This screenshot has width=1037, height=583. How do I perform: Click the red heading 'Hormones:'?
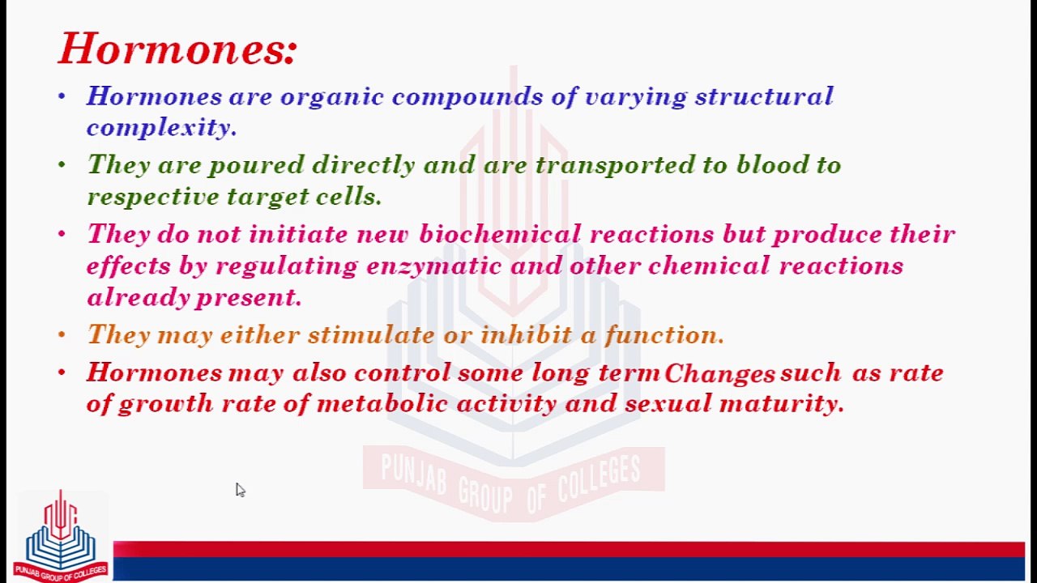[x=178, y=49]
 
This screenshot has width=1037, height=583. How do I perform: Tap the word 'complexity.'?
[x=161, y=128]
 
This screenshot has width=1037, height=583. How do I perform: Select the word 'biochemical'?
[x=500, y=235]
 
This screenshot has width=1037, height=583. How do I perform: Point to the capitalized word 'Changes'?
[x=719, y=373]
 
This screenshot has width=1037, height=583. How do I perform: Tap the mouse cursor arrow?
[x=240, y=490]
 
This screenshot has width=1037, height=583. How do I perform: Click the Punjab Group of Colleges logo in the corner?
[x=60, y=536]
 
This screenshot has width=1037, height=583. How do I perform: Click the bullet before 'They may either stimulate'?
[x=62, y=334]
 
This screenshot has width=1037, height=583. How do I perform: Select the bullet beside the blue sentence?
[x=62, y=96]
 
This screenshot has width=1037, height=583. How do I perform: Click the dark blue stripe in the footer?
[x=567, y=569]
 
